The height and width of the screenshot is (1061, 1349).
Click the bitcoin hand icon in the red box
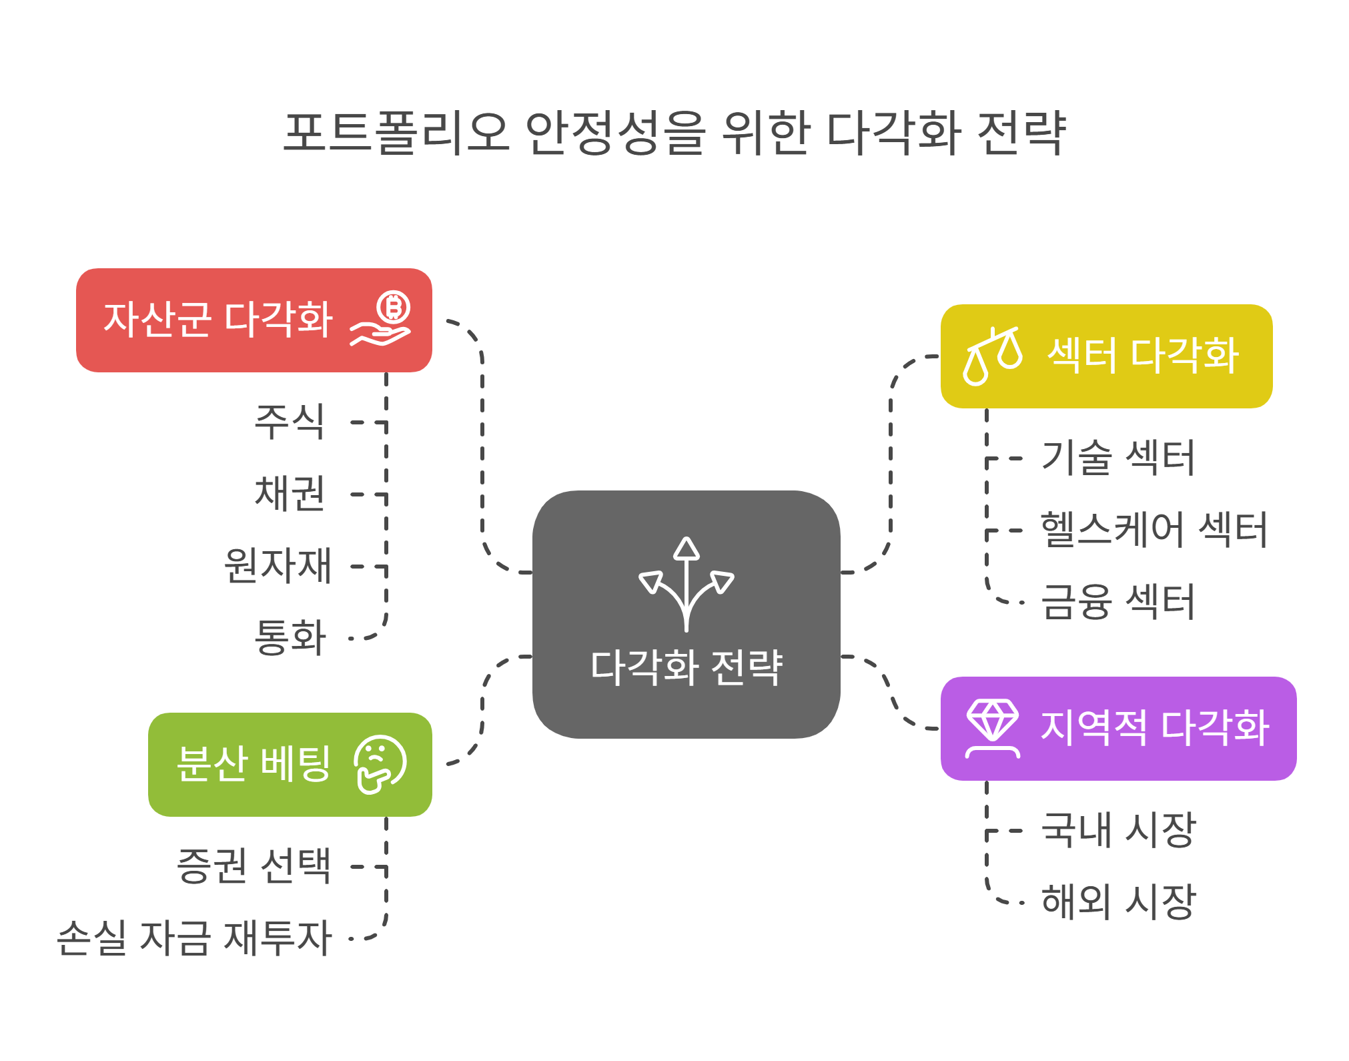click(381, 319)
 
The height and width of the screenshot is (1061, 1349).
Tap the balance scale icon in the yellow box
click(992, 356)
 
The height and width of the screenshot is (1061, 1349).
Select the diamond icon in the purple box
click(993, 728)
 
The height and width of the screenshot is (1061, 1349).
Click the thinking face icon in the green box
click(380, 765)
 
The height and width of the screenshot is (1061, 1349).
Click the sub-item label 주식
click(290, 422)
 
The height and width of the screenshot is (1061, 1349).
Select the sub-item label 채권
click(290, 494)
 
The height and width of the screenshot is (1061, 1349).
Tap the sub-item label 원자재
click(278, 566)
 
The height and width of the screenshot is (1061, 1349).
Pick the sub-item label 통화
click(290, 637)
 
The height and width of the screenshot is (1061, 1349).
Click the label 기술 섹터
click(1117, 458)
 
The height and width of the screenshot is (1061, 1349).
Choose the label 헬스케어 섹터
click(1154, 530)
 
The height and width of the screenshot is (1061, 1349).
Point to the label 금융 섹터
click(1117, 602)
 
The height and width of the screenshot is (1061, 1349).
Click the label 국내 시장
click(1119, 831)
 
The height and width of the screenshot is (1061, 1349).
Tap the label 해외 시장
click(1119, 902)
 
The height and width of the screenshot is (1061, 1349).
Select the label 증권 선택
click(254, 866)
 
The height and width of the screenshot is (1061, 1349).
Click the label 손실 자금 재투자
click(194, 938)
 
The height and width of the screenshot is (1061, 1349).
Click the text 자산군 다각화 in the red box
click(218, 319)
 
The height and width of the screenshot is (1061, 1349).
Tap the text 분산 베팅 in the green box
click(254, 765)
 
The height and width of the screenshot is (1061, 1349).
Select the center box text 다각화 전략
click(687, 667)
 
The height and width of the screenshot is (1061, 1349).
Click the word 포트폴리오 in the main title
click(397, 133)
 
